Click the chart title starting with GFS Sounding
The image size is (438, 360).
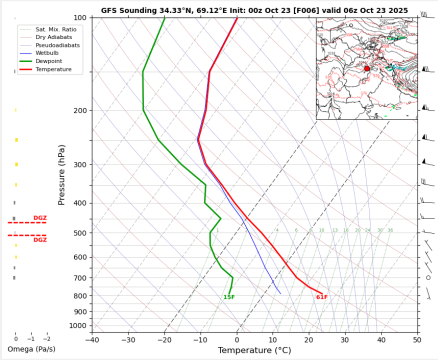pyautogui.click(x=254, y=10)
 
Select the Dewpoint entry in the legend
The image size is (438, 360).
pyautogui.click(x=49, y=61)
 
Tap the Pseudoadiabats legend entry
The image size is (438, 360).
pyautogui.click(x=57, y=45)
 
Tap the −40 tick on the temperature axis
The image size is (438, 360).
pyautogui.click(x=91, y=340)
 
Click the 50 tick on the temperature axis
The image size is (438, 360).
pyautogui.click(x=417, y=340)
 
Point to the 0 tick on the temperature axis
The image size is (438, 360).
pyautogui.click(x=237, y=340)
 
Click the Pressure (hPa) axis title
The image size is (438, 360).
pyautogui.click(x=62, y=175)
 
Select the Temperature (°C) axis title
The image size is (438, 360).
pyautogui.click(x=255, y=350)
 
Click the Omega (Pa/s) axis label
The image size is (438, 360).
pyautogui.click(x=31, y=349)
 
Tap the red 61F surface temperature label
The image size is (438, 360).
pyautogui.click(x=322, y=297)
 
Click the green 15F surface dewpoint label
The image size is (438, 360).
pyautogui.click(x=229, y=297)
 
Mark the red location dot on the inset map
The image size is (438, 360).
pyautogui.click(x=367, y=68)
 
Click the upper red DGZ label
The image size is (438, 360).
pyautogui.click(x=40, y=218)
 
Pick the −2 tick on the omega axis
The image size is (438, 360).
pyautogui.click(x=46, y=339)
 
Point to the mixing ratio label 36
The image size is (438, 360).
pyautogui.click(x=390, y=230)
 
